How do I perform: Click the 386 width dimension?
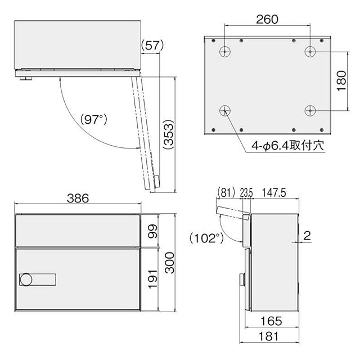[x=78, y=199]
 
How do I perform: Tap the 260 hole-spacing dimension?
[x=267, y=19]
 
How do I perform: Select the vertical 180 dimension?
[x=341, y=81]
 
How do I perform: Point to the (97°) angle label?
[x=94, y=119]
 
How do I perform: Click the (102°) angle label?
[x=206, y=238]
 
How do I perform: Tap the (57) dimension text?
[x=152, y=45]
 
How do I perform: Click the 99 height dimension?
[x=152, y=231]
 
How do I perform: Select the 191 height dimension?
[x=152, y=280]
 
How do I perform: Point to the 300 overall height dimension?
[x=170, y=263]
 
